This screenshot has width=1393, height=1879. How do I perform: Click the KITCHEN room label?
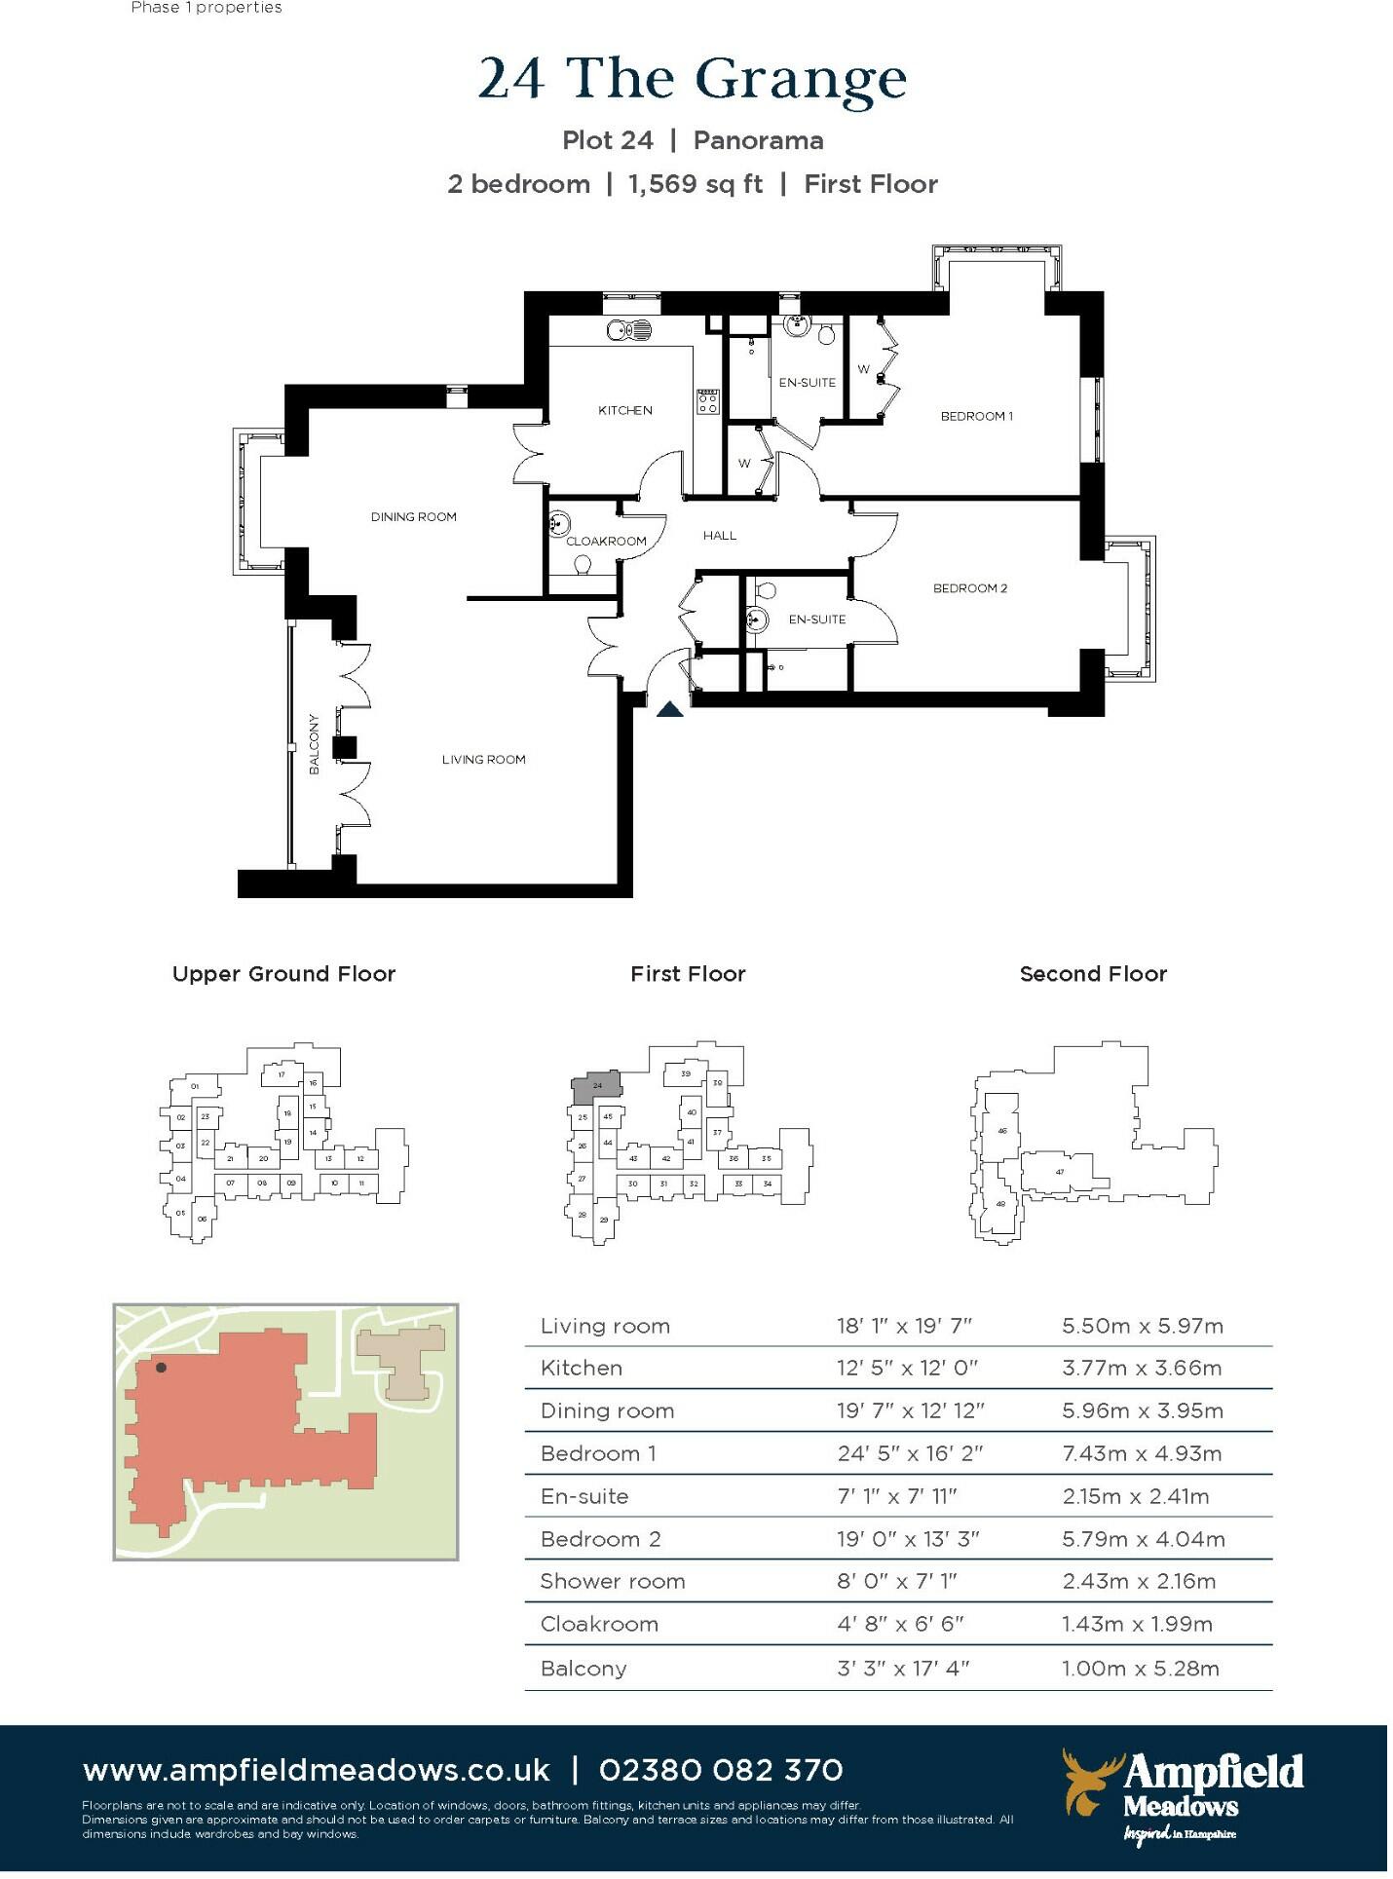click(x=624, y=410)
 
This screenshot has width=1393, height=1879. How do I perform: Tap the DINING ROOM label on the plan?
click(x=413, y=516)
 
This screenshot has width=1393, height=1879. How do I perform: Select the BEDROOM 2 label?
click(x=969, y=587)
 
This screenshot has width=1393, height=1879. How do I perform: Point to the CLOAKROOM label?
click(x=606, y=541)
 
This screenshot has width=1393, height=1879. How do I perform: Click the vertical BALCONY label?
click(x=314, y=744)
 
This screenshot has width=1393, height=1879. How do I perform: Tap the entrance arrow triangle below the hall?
click(x=670, y=710)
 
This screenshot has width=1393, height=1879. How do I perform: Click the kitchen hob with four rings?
click(x=707, y=401)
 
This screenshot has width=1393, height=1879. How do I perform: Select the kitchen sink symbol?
click(x=628, y=331)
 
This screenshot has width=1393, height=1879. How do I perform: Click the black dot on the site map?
click(x=162, y=1368)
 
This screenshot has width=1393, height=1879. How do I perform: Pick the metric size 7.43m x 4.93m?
click(x=1142, y=1453)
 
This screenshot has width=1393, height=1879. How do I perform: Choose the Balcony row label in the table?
click(x=584, y=1669)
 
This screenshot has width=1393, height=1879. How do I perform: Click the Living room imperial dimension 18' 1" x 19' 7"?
click(x=904, y=1326)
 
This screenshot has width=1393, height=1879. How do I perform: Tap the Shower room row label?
click(x=613, y=1581)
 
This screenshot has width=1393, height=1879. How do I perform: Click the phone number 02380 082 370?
click(x=721, y=1770)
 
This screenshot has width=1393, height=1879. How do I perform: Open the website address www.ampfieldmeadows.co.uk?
click(x=317, y=1770)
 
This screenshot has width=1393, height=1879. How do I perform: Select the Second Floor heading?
click(x=1092, y=973)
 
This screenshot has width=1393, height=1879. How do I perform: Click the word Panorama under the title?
click(x=758, y=140)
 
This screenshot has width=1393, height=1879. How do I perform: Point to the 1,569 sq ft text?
click(x=695, y=184)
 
